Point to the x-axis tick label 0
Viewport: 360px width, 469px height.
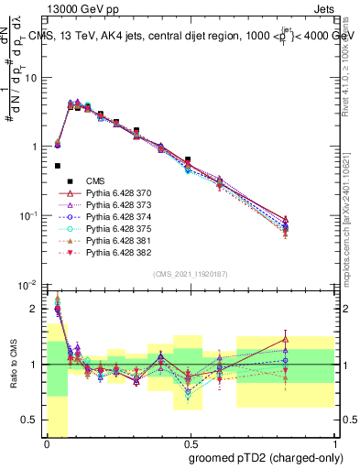pos(47,443)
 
